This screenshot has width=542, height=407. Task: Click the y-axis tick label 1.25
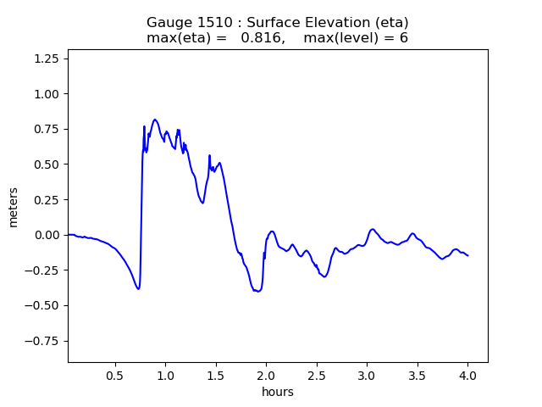coord(47,58)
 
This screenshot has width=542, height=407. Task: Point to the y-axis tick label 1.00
coord(47,93)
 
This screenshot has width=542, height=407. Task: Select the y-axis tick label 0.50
coord(47,164)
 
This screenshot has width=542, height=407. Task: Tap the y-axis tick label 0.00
coord(47,235)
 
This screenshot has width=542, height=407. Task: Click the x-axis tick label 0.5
coord(114,375)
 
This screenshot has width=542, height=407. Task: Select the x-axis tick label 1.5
coord(215,375)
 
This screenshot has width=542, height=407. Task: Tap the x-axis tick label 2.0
coord(266,375)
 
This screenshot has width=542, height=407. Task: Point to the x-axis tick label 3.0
coord(367,375)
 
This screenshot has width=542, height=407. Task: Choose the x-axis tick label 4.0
coord(467,375)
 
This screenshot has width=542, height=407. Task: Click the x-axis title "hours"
coord(277,392)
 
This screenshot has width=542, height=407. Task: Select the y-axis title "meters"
coord(14,207)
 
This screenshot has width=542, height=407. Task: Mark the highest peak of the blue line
coord(155,120)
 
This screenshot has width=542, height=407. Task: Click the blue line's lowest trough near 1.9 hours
coord(257,292)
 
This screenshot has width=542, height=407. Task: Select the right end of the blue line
coord(468,256)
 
